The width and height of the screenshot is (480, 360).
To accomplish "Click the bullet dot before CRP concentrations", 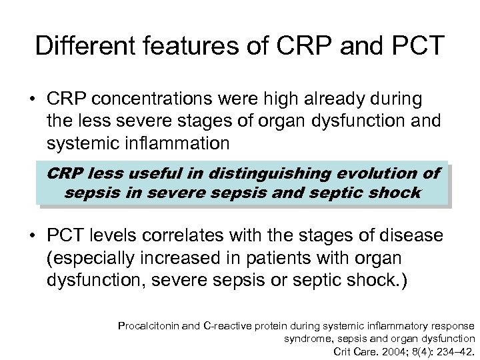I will [x=31, y=101].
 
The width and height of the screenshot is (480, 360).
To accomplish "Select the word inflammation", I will [x=183, y=143].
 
